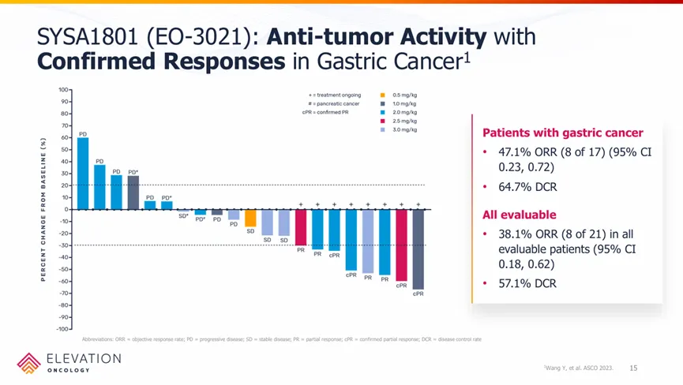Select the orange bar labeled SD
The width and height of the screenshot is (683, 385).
pos(250,218)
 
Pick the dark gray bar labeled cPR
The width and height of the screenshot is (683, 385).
pos(418,249)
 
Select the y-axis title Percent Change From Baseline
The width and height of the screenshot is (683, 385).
pos(44,208)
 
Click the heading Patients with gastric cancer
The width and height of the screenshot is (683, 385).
pos(562,133)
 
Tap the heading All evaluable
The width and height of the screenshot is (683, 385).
pos(519,215)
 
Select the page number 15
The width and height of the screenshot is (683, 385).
pos(633,368)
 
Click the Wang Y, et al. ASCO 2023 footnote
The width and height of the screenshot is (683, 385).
pos(579,369)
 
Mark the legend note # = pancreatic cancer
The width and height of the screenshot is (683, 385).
pos(335,103)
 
